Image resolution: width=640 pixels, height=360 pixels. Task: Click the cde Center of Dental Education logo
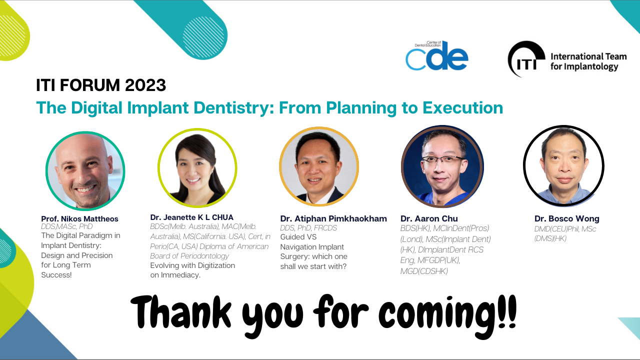pos(437,55)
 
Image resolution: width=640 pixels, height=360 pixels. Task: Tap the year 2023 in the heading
pos(145,85)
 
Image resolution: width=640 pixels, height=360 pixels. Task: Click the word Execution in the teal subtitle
pos(462,107)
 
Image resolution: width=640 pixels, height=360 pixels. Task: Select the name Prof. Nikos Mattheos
pos(79,219)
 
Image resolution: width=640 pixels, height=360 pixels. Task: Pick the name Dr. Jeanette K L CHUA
pos(191,217)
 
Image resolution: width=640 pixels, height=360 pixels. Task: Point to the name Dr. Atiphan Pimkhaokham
pos(333,218)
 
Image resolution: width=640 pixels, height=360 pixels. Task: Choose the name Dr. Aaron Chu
pos(429,218)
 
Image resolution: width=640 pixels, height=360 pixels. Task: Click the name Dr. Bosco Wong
pos(567,218)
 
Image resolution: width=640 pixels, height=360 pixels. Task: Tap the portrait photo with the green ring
pos(85,170)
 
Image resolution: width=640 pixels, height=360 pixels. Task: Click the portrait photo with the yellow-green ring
pos(197,167)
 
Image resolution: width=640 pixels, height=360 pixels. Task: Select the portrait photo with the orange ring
pos(319,166)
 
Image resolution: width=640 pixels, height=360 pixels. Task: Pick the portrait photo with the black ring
pos(563,165)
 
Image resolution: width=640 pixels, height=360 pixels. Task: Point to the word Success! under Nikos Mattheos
pos(56,275)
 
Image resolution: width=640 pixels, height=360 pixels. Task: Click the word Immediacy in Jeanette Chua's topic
pos(180,275)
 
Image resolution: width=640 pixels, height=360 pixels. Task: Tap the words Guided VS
pos(298,237)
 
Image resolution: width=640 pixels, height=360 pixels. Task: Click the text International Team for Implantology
pos(588,61)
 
